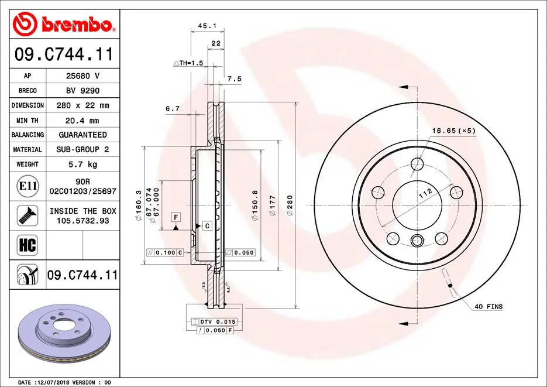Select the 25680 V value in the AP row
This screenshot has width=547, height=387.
click(x=82, y=76)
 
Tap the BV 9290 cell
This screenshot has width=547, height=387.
click(x=82, y=91)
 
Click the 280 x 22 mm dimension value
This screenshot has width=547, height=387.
click(x=82, y=105)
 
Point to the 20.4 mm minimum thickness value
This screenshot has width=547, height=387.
click(x=82, y=120)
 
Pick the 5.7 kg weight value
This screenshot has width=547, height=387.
click(x=82, y=165)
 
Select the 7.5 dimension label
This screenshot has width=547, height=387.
click(x=234, y=78)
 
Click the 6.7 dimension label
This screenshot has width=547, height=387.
click(x=172, y=108)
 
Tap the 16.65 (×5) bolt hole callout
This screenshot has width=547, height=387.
click(x=453, y=130)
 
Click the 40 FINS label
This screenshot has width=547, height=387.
click(x=488, y=306)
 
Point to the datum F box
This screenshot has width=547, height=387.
click(x=174, y=217)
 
